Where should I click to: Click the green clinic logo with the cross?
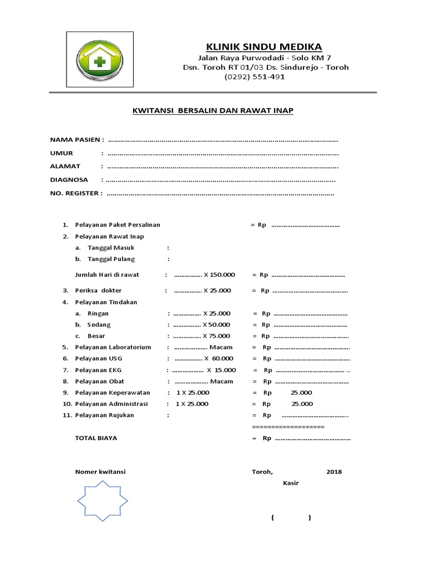coord(100,59)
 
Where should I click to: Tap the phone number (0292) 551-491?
coord(255,77)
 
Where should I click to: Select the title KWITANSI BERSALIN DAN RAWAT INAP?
coord(213,111)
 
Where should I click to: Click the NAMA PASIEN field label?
coord(77,139)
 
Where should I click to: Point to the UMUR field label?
coord(62,153)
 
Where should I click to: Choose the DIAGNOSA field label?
coord(69,180)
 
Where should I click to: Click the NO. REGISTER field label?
coord(76,193)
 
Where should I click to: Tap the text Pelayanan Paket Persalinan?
coord(118,225)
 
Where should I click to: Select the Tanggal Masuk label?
coord(111,248)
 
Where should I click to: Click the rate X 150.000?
coord(219,275)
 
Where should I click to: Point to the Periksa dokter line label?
coord(98,290)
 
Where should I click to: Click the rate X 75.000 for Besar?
coord(216,336)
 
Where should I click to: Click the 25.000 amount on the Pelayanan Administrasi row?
coord(302,404)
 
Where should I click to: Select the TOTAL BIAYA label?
coord(96,437)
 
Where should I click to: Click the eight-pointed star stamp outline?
coord(102,501)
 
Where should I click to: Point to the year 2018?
coord(334,472)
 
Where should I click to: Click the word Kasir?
coord(291,483)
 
